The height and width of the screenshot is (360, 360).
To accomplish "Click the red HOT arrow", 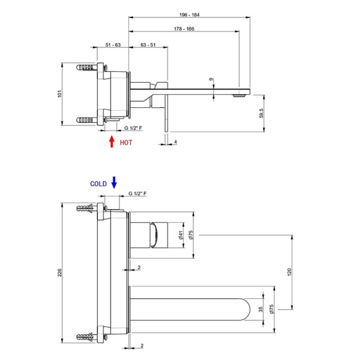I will [x=111, y=142].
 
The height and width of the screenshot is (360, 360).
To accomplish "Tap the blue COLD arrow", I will [x=115, y=182].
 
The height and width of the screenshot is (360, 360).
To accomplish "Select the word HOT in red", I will [x=126, y=143].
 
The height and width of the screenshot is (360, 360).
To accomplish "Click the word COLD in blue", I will [x=98, y=184].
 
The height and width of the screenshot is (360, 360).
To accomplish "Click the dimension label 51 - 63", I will [x=113, y=45].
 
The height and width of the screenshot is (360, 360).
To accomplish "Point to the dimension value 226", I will [x=59, y=274].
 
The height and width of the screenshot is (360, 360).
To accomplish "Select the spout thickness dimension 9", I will [x=211, y=79].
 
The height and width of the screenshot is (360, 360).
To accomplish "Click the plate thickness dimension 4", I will [x=175, y=142].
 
